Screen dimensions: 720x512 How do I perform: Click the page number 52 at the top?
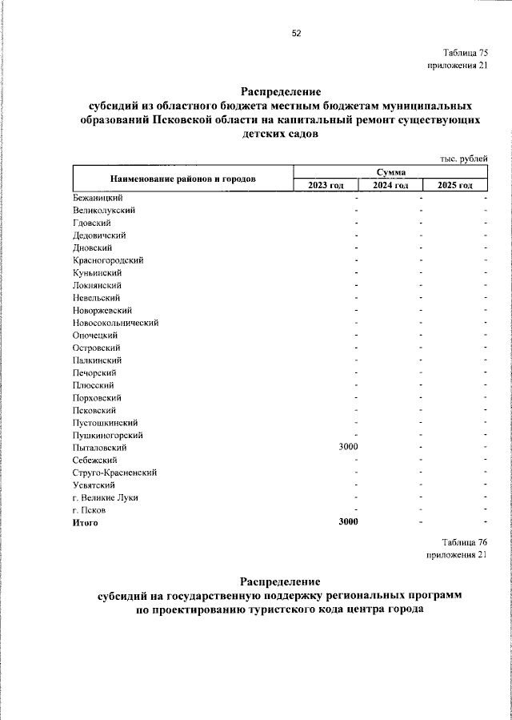pyautogui.click(x=296, y=33)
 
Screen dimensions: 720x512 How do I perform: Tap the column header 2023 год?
pyautogui.click(x=326, y=185)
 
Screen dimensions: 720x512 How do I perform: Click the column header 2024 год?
pyautogui.click(x=390, y=185)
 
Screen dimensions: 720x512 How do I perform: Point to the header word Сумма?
pyautogui.click(x=390, y=171)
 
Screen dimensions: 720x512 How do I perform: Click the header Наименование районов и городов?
pyautogui.click(x=183, y=178)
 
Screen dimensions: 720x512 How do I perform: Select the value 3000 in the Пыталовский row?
pyautogui.click(x=348, y=447)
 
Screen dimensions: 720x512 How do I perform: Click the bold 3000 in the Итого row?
pyautogui.click(x=348, y=522)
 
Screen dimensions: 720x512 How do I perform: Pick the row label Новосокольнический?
pyautogui.click(x=115, y=322)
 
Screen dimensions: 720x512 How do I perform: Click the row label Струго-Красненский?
pyautogui.click(x=114, y=473)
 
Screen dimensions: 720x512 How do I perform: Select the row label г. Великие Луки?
pyautogui.click(x=105, y=497)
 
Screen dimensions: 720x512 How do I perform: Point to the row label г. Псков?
pyautogui.click(x=90, y=510)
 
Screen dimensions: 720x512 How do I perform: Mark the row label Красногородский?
pyautogui.click(x=108, y=259)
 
